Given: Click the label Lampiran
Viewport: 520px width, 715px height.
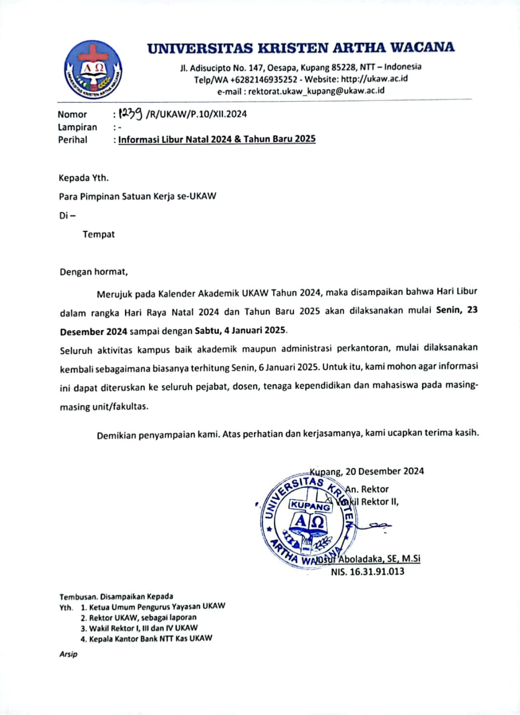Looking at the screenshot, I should pos(77,127).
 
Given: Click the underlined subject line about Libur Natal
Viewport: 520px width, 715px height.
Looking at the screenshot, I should pos(216,140).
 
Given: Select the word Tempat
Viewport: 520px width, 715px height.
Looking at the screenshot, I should pos(99,235).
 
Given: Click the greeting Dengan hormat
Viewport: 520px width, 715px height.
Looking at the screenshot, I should pos(94,273).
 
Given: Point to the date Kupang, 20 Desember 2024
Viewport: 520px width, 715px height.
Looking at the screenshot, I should pos(367,471).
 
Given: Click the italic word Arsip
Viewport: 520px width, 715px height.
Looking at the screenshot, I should pos(68,654).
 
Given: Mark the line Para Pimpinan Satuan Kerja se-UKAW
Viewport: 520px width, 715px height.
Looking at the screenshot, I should pos(137,197).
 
